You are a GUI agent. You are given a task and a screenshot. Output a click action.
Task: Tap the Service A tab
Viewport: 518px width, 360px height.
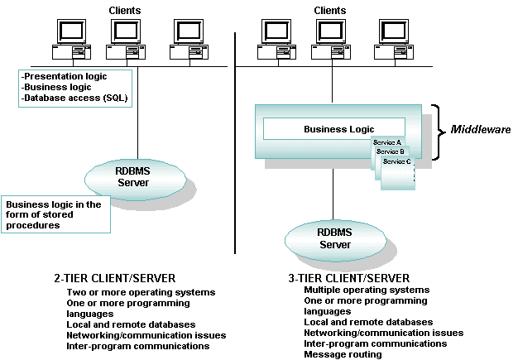387,143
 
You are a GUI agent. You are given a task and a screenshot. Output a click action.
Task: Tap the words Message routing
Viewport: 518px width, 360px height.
343,354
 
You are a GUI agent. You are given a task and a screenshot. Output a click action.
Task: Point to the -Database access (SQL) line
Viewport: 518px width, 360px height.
76,98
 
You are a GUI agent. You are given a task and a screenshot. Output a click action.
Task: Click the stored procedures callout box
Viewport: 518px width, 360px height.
55,214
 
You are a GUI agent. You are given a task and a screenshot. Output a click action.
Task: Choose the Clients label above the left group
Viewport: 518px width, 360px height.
125,10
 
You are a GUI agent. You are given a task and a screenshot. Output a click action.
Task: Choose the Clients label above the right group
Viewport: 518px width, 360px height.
330,10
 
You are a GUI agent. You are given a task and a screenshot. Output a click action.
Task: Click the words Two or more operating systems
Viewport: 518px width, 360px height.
141,292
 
